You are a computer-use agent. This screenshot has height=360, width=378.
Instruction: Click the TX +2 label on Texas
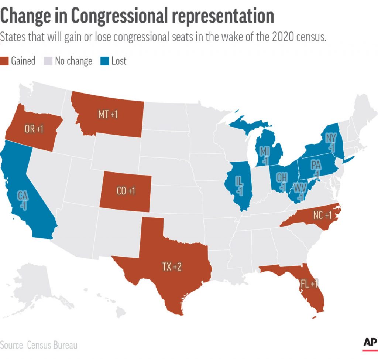pyautogui.click(x=172, y=267)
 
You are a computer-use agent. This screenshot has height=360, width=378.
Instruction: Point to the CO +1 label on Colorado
pyautogui.click(x=126, y=191)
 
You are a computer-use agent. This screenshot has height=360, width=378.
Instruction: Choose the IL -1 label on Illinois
pyautogui.click(x=240, y=186)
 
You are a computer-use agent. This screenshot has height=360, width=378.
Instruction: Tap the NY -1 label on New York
pyautogui.click(x=331, y=142)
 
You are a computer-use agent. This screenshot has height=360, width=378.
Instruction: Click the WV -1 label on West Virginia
pyautogui.click(x=299, y=192)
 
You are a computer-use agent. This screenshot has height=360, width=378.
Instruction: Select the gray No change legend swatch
pyautogui.click(x=48, y=61)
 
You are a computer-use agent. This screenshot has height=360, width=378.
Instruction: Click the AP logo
pyautogui.click(x=370, y=343)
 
